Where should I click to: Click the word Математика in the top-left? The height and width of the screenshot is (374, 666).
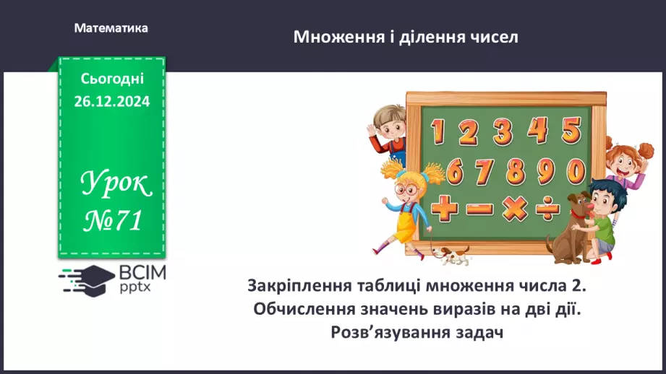[x=111, y=28]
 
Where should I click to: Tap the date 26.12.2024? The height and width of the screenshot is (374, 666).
[x=111, y=102]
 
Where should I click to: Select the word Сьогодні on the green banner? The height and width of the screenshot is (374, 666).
[x=112, y=79]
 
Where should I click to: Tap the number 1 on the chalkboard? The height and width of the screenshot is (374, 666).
[x=436, y=132]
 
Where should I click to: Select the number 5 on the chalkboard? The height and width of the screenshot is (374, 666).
[x=571, y=131]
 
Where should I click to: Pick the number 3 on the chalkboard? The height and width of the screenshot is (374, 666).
[x=503, y=132]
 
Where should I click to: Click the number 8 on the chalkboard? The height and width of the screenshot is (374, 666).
[x=514, y=172]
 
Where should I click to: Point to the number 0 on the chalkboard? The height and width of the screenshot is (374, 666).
[x=576, y=171]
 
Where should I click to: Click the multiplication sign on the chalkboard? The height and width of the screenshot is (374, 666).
[x=514, y=209]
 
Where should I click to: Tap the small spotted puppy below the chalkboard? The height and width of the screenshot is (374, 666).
[x=450, y=253]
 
